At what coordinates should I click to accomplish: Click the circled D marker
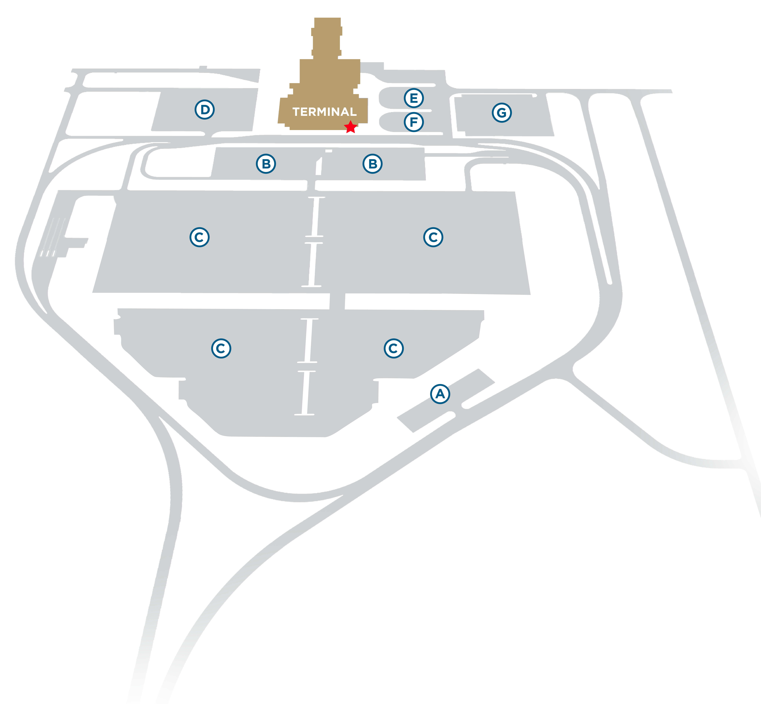pos(205,110)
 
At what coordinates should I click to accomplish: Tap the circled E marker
pos(414,98)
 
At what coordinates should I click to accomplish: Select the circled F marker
pos(414,122)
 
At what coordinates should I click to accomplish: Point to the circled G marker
pos(502,113)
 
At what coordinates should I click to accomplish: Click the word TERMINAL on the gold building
pos(324,112)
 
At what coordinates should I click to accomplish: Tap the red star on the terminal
pos(350,127)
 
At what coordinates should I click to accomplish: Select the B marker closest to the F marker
pos(372,164)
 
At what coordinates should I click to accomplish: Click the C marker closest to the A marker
pos(393,348)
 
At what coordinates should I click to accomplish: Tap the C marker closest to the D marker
pos(199,237)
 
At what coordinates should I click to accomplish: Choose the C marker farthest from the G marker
pos(221,348)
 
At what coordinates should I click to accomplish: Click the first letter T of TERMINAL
pos(296,112)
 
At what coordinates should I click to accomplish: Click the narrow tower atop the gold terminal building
pos(327,38)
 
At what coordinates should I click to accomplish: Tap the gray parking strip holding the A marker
pos(446,401)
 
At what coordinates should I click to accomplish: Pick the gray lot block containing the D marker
pos(205,110)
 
